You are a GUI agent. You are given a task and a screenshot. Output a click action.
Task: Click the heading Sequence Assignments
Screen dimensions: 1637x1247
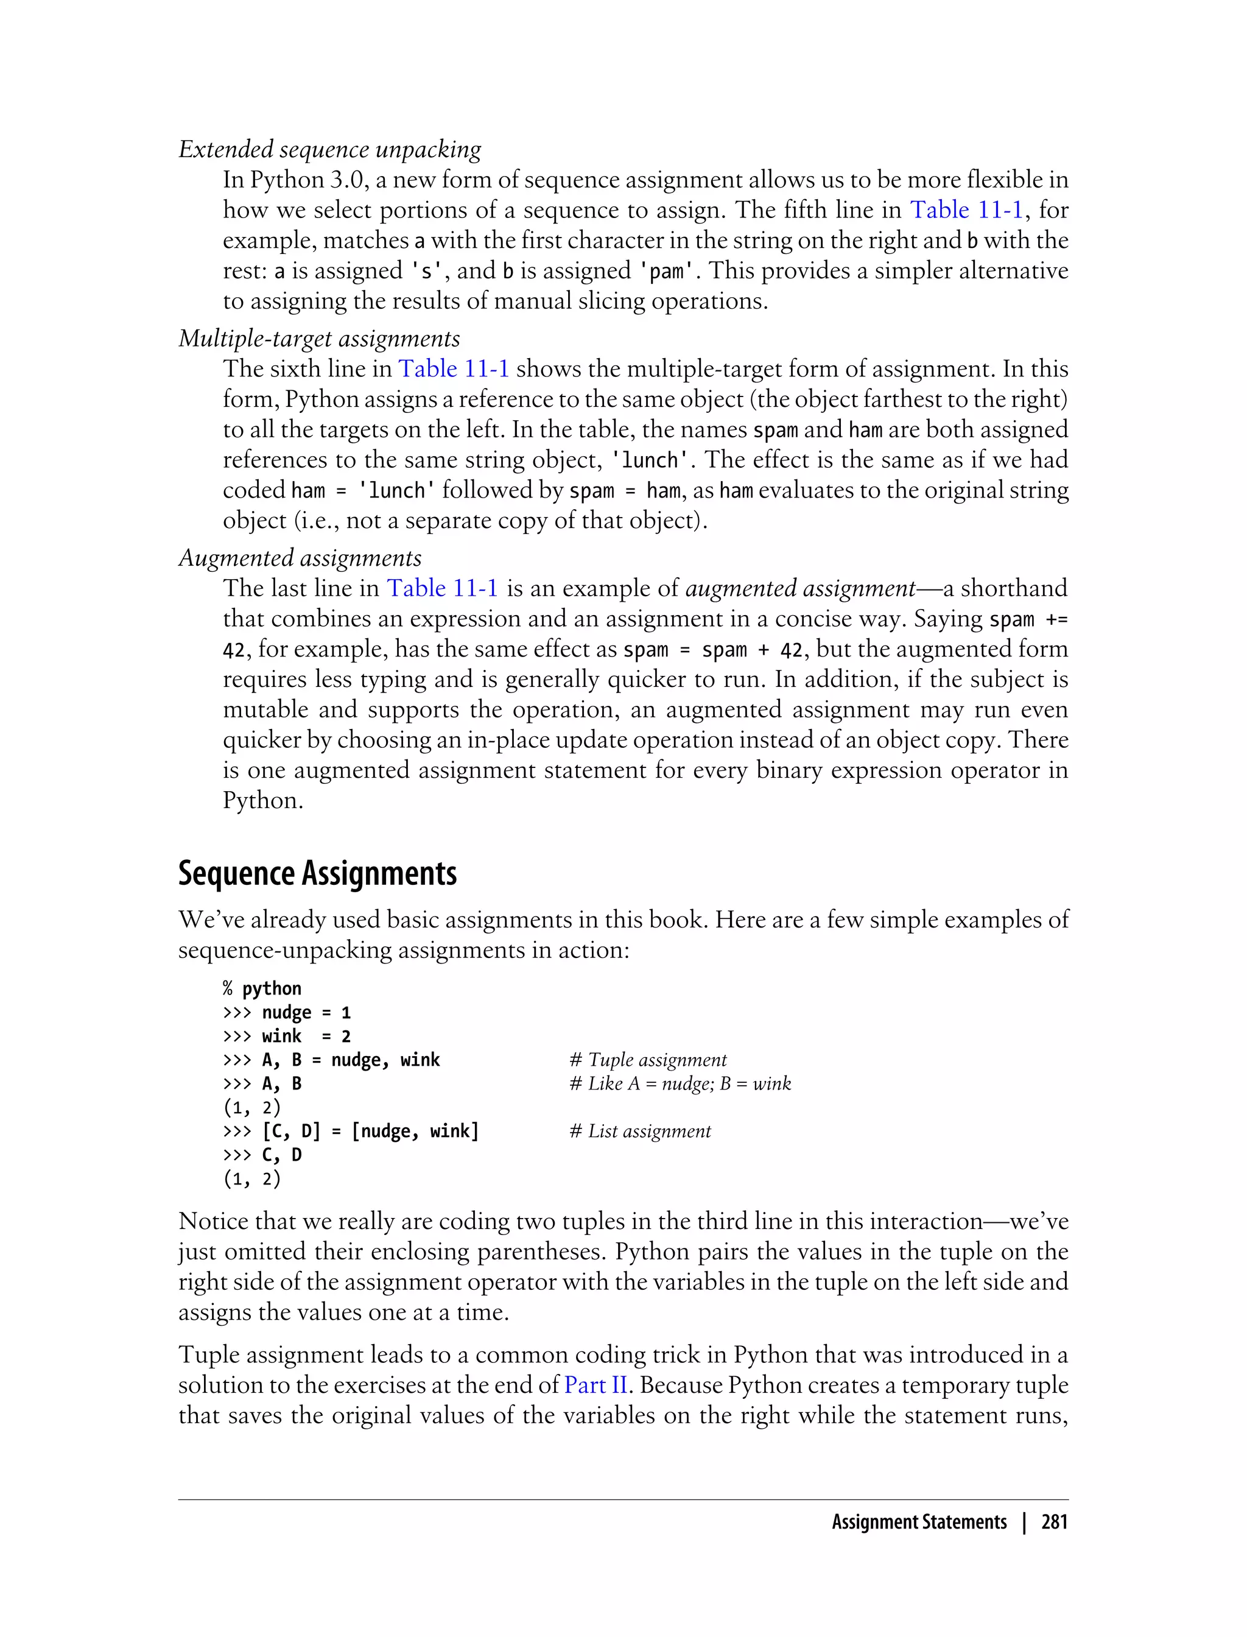[x=317, y=873]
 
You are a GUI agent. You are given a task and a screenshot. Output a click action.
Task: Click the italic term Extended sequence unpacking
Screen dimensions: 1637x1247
[x=329, y=149]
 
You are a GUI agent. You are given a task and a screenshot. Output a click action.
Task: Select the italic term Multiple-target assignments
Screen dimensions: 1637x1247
[x=319, y=339]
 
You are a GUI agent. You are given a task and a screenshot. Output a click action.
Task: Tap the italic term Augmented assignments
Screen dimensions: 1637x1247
[x=300, y=558]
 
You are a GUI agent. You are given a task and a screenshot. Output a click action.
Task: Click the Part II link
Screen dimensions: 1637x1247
[x=596, y=1385]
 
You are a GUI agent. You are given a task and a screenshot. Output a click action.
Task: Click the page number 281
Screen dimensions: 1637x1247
[x=1054, y=1522]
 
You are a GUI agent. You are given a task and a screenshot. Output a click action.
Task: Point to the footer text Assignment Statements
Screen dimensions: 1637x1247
[x=919, y=1522]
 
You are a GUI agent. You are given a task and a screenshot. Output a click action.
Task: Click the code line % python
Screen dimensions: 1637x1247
[x=262, y=988]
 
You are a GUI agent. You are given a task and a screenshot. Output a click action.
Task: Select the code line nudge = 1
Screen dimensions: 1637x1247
[x=306, y=1013]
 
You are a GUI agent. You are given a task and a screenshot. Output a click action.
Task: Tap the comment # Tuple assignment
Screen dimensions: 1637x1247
[x=648, y=1060]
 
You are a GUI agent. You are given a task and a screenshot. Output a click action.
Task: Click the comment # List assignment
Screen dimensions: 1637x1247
[x=640, y=1132]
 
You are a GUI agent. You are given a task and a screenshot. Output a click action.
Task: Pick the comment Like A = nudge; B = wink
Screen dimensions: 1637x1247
[x=680, y=1084]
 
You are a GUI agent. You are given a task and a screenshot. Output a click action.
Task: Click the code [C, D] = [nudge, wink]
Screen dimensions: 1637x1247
[x=370, y=1132]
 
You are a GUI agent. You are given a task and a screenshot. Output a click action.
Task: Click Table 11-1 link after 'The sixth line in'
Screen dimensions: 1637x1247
[x=454, y=369]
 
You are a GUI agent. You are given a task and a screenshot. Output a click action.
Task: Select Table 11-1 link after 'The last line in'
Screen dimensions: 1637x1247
[x=443, y=588]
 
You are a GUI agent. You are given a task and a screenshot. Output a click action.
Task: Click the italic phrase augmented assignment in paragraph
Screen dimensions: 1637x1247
[x=800, y=588]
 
